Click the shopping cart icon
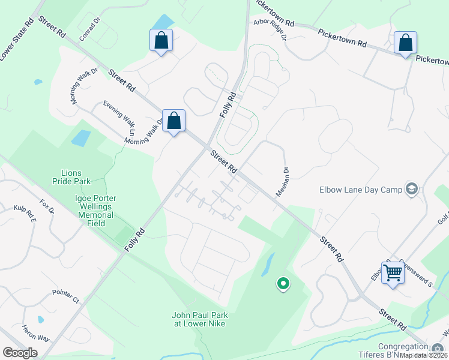[x=393, y=272]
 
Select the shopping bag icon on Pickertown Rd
[x=405, y=43]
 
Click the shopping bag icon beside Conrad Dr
[x=161, y=41]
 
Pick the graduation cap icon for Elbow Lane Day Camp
[x=411, y=190]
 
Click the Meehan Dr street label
[x=282, y=181]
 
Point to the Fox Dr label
[x=47, y=206]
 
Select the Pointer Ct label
[x=65, y=294]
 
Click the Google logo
[x=20, y=353]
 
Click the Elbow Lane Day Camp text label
[x=360, y=190]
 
